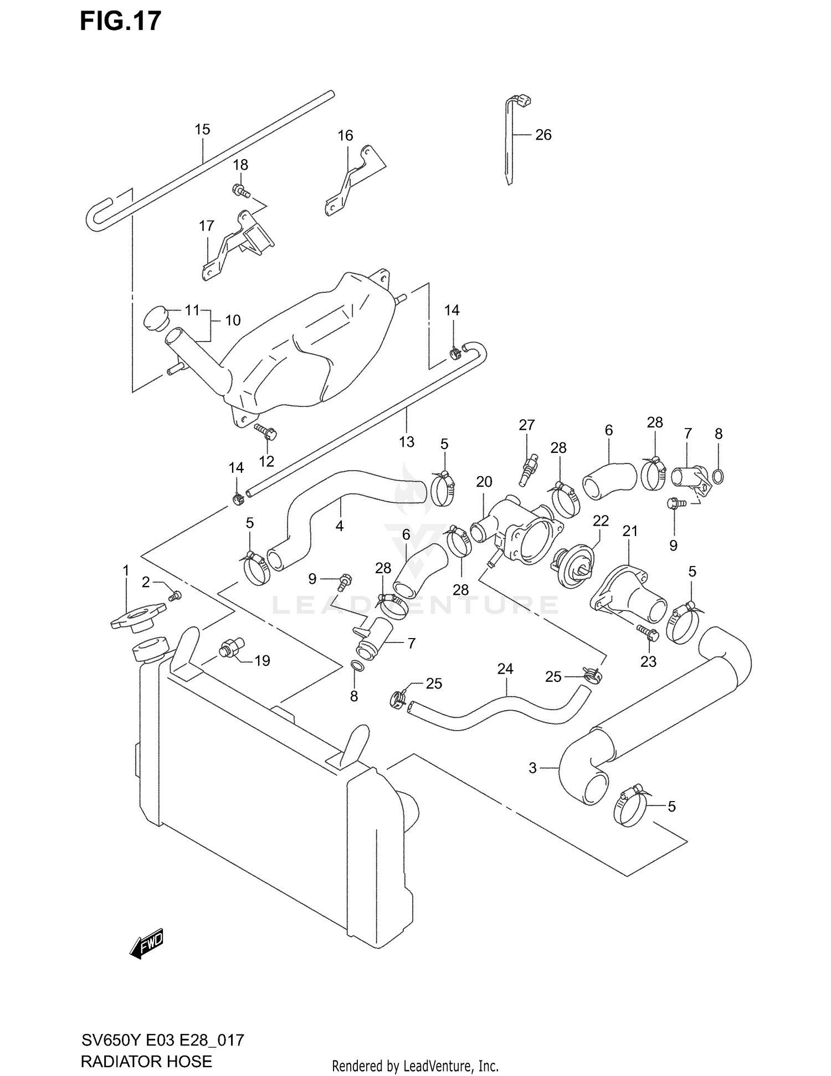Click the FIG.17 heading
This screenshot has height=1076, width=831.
[121, 21]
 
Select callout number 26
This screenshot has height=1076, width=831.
[543, 135]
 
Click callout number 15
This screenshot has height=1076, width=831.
[202, 130]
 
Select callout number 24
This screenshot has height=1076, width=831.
[505, 669]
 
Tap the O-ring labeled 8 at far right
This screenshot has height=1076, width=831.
[717, 476]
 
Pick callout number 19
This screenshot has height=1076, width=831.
[262, 660]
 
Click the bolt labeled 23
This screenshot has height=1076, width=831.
[647, 633]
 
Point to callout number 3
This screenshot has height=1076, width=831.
[532, 768]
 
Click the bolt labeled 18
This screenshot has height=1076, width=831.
[241, 190]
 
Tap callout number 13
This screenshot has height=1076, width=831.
[407, 442]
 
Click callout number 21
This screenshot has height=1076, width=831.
[630, 531]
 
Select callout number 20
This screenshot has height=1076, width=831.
[484, 482]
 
